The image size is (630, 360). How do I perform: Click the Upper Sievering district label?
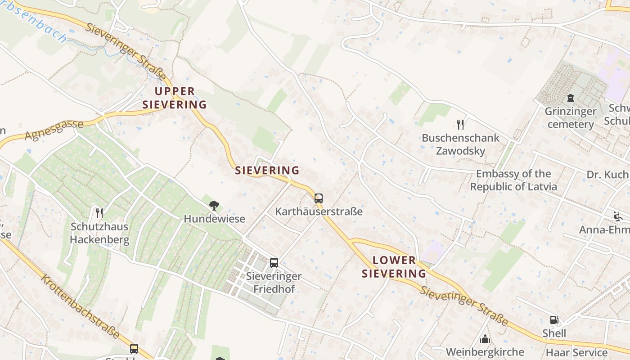tap(175, 98)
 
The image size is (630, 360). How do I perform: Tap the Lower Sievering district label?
tap(394, 266)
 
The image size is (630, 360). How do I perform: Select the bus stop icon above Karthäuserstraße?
tap(319, 198)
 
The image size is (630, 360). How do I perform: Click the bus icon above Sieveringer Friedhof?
tap(274, 263)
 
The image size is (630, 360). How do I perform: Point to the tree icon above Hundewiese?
tap(214, 206)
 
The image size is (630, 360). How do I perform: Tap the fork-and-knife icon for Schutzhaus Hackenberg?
tap(99, 213)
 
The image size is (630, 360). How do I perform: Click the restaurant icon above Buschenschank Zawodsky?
tap(460, 124)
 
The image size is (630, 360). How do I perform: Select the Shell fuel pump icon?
tap(554, 320)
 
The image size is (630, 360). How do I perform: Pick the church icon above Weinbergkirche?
tap(485, 338)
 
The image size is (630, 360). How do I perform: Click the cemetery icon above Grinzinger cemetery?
tap(571, 98)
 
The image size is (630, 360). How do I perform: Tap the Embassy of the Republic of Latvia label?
tap(513, 180)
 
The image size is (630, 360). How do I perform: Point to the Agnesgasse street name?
tap(54, 130)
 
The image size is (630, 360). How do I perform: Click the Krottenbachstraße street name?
tap(81, 306)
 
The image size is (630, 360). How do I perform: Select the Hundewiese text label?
tap(214, 219)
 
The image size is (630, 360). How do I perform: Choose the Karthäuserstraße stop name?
tap(319, 211)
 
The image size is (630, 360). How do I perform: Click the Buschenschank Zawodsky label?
tap(460, 144)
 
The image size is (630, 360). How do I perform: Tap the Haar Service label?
tap(576, 352)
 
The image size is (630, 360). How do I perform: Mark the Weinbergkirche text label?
tap(485, 352)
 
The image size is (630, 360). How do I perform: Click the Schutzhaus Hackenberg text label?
tap(99, 233)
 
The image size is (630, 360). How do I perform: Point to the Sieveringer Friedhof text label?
tap(274, 283)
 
